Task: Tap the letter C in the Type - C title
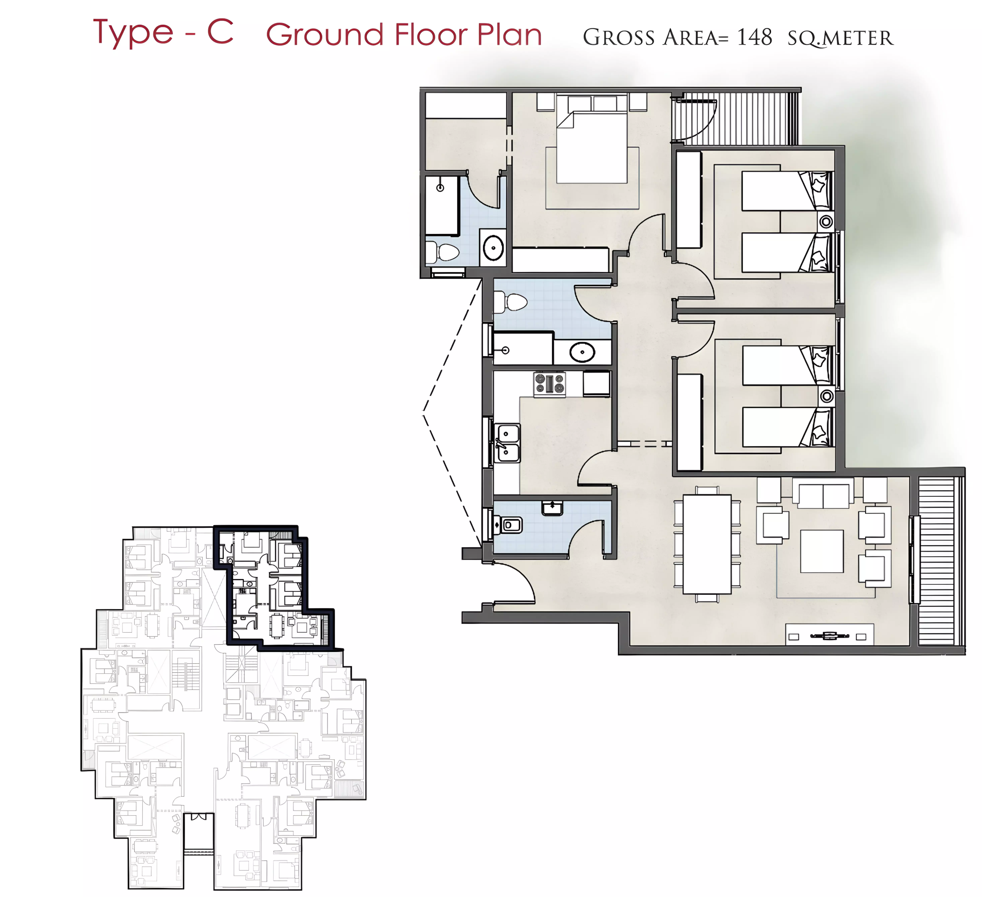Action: (x=220, y=32)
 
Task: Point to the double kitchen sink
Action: (x=508, y=443)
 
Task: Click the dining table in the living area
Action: (x=707, y=544)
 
